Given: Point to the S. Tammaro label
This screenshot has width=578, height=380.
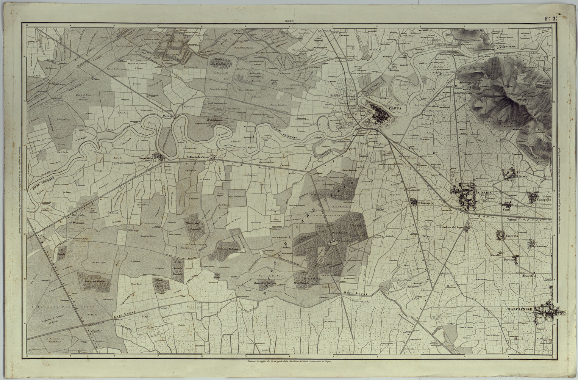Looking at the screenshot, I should [426, 203].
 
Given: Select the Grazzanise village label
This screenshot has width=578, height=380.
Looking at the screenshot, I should [147, 157].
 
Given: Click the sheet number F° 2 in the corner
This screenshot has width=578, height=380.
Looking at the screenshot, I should [550, 18].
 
